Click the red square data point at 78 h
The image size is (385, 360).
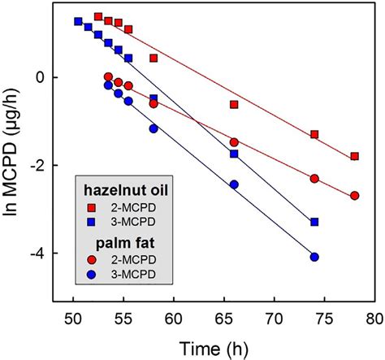click(x=354, y=156)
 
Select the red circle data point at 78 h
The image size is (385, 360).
click(x=354, y=196)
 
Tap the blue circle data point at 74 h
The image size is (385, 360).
click(x=314, y=257)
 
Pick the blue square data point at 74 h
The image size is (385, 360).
click(x=314, y=222)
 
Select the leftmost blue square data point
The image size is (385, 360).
click(x=78, y=22)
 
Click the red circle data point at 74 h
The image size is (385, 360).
click(x=314, y=179)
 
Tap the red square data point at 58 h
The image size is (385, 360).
click(x=154, y=59)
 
